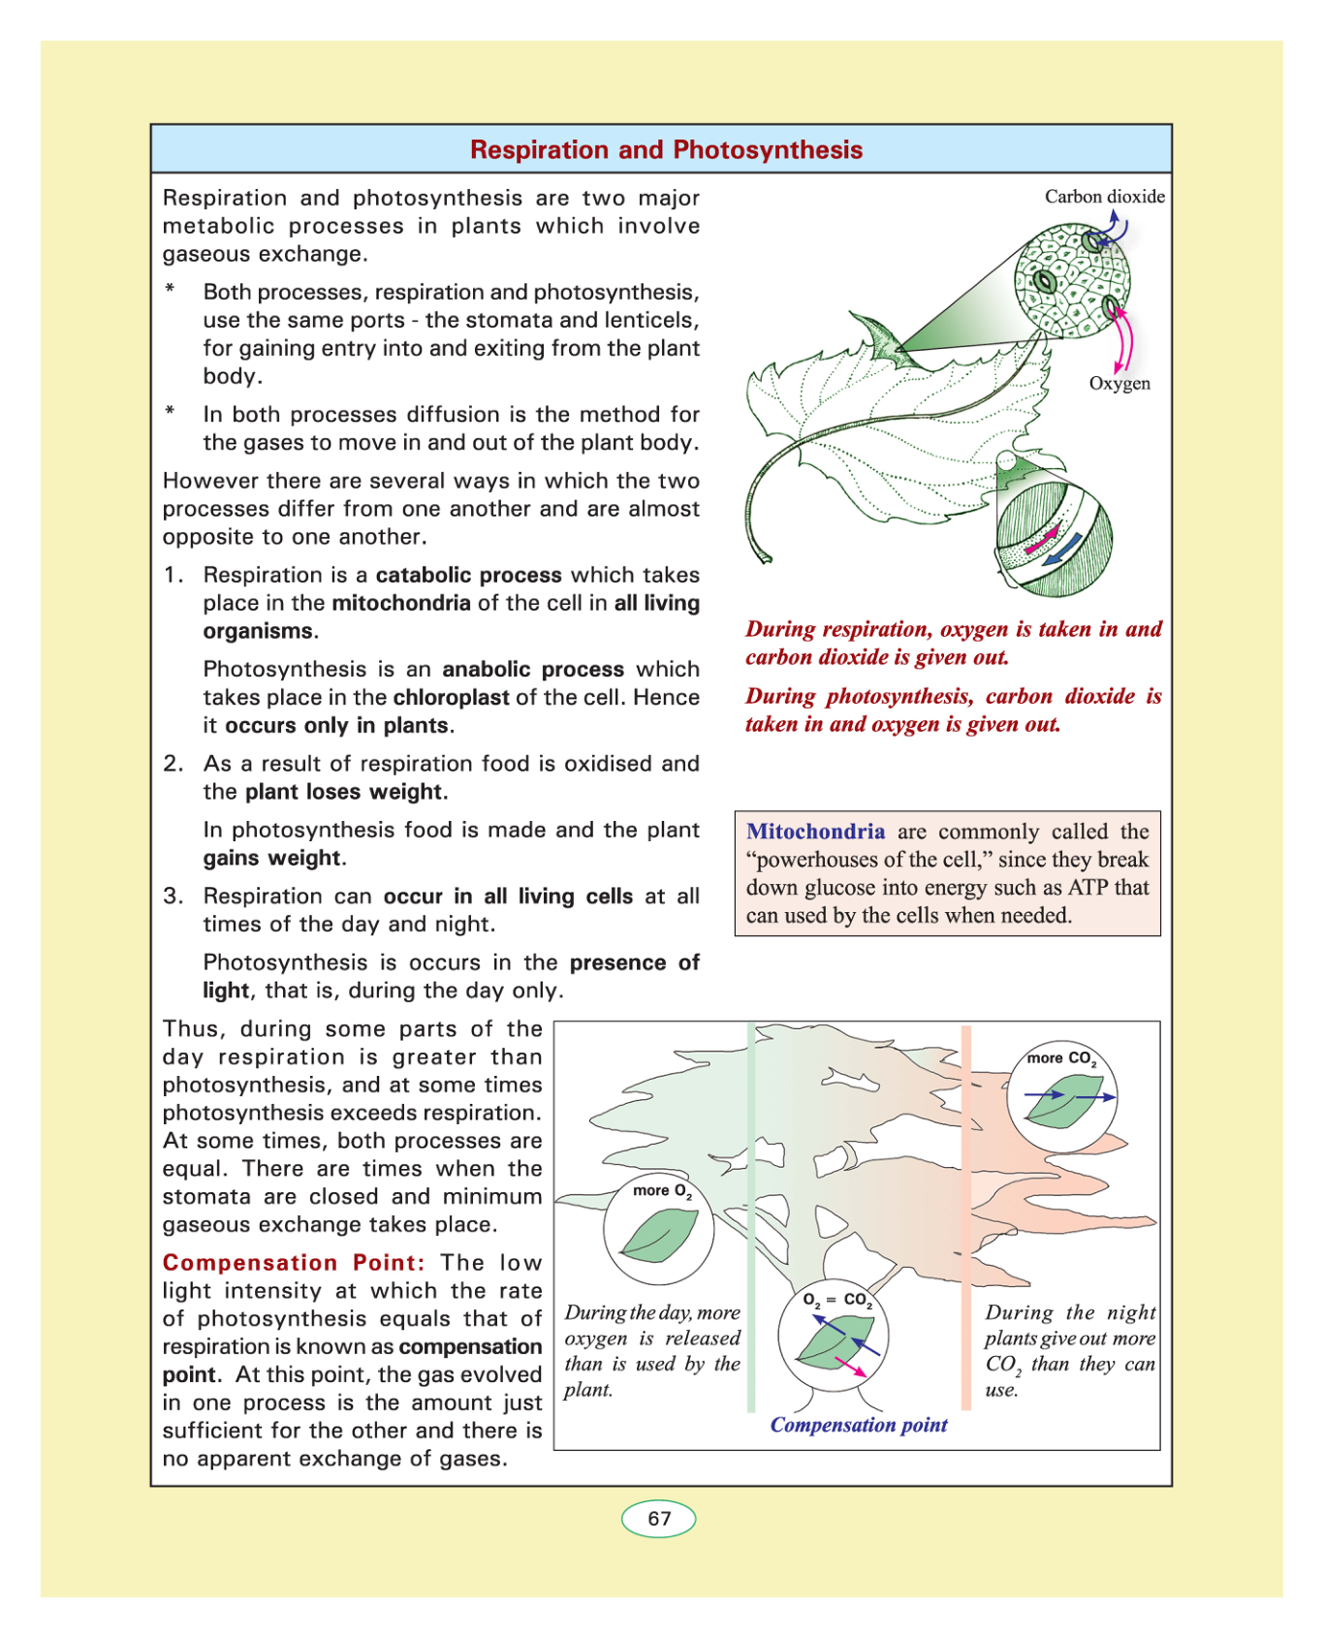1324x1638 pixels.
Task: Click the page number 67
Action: point(659,1519)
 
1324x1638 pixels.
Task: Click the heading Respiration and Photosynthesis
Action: point(666,150)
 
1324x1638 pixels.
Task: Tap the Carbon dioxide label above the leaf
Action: point(1104,197)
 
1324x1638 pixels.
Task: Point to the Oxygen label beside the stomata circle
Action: point(1119,384)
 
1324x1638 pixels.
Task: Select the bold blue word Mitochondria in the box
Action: point(815,832)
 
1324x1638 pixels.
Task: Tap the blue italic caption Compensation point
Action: point(859,1425)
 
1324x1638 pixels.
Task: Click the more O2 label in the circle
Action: point(662,1191)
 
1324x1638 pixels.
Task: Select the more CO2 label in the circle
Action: point(1061,1058)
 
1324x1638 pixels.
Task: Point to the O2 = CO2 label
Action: point(837,1301)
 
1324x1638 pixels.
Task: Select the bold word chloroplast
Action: point(451,698)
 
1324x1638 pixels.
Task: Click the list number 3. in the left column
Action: point(173,897)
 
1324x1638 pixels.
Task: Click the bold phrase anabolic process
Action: point(533,670)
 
